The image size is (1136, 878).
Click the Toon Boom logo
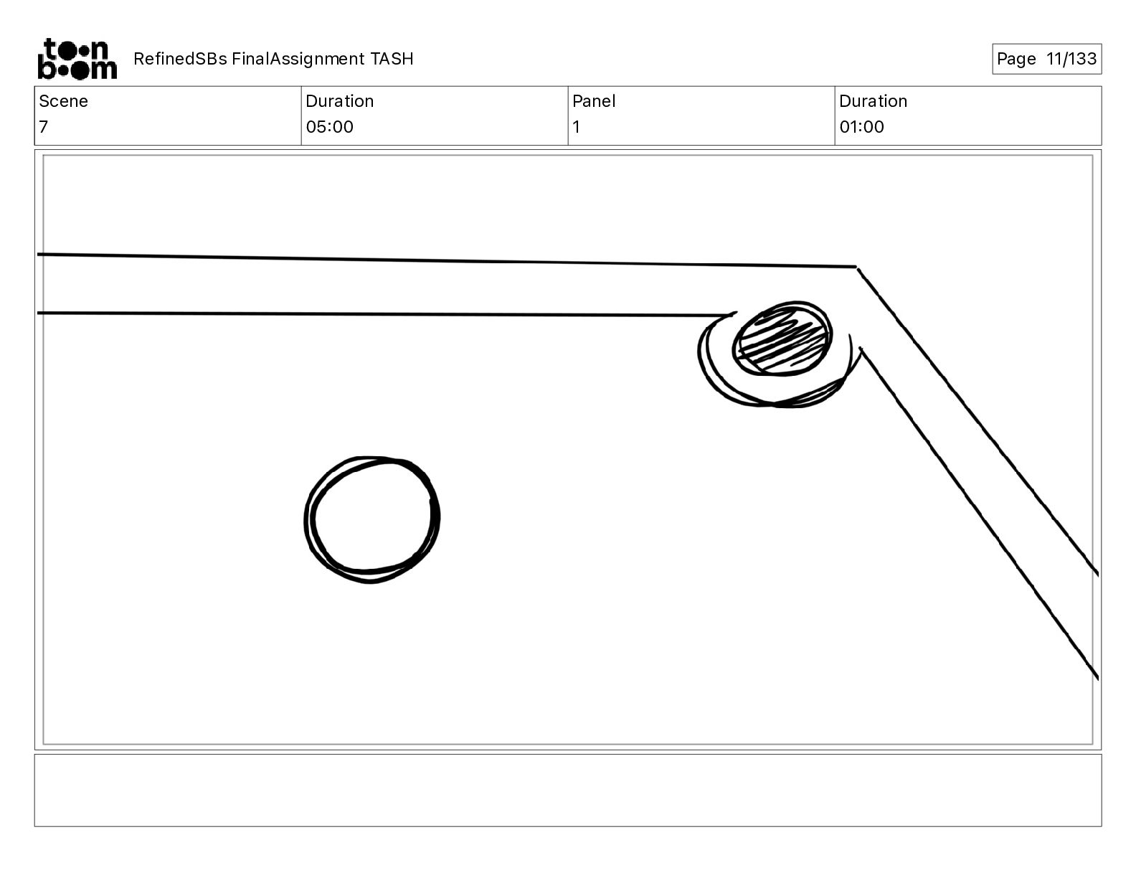[77, 59]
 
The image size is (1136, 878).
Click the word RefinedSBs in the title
[180, 59]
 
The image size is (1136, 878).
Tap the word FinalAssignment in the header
[298, 59]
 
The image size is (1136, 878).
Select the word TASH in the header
[392, 59]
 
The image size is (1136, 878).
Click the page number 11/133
[1071, 59]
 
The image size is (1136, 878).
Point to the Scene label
[63, 101]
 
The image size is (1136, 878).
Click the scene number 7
[44, 126]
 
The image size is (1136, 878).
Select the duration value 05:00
[329, 126]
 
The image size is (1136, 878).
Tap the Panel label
[594, 101]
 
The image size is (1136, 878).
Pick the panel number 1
[576, 126]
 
